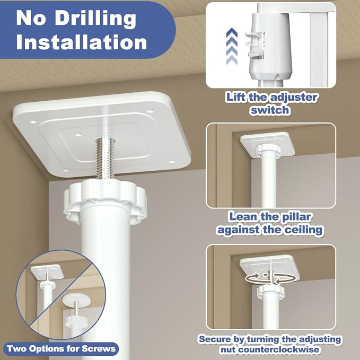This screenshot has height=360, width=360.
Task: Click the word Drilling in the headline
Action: [95, 19]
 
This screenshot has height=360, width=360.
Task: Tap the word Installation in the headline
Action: [82, 42]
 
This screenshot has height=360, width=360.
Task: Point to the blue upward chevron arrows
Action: [232, 46]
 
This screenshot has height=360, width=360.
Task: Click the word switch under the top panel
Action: [269, 110]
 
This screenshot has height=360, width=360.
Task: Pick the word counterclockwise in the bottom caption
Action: [270, 350]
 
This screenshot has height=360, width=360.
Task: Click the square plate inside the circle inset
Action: [47, 271]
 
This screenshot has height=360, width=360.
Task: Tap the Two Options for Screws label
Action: [62, 349]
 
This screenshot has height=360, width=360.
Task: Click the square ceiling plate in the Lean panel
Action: [267, 144]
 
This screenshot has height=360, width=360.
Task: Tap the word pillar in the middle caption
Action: [296, 216]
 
